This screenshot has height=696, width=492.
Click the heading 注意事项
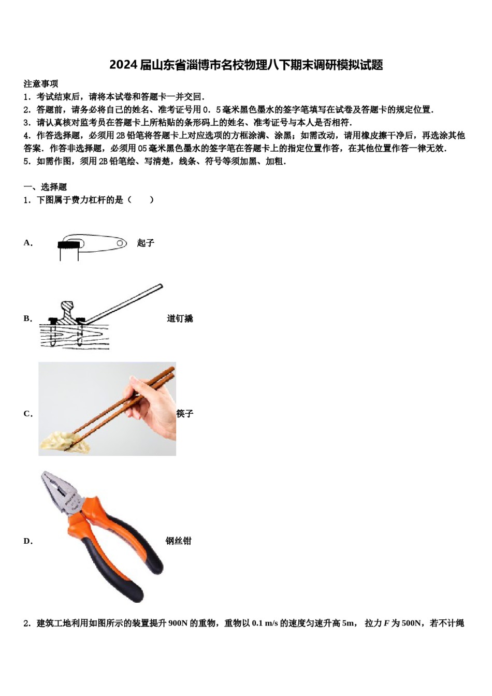pos(41,84)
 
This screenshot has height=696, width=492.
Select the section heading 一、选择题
pos(45,187)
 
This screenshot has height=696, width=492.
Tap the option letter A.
pos(27,243)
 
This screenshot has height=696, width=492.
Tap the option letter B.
pos(27,318)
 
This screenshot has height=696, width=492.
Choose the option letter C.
pos(27,414)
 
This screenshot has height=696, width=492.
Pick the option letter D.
pos(27,541)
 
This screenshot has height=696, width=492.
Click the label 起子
pos(146,243)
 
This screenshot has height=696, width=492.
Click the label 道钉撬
pos(180,318)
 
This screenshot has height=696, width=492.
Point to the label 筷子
pos(185,414)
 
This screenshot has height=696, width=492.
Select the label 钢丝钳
pos(179,541)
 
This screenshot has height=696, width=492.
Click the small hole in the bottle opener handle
pos(120,243)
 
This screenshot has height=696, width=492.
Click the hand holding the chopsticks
pos(153,409)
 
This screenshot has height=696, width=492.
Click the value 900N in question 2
pos(178,624)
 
